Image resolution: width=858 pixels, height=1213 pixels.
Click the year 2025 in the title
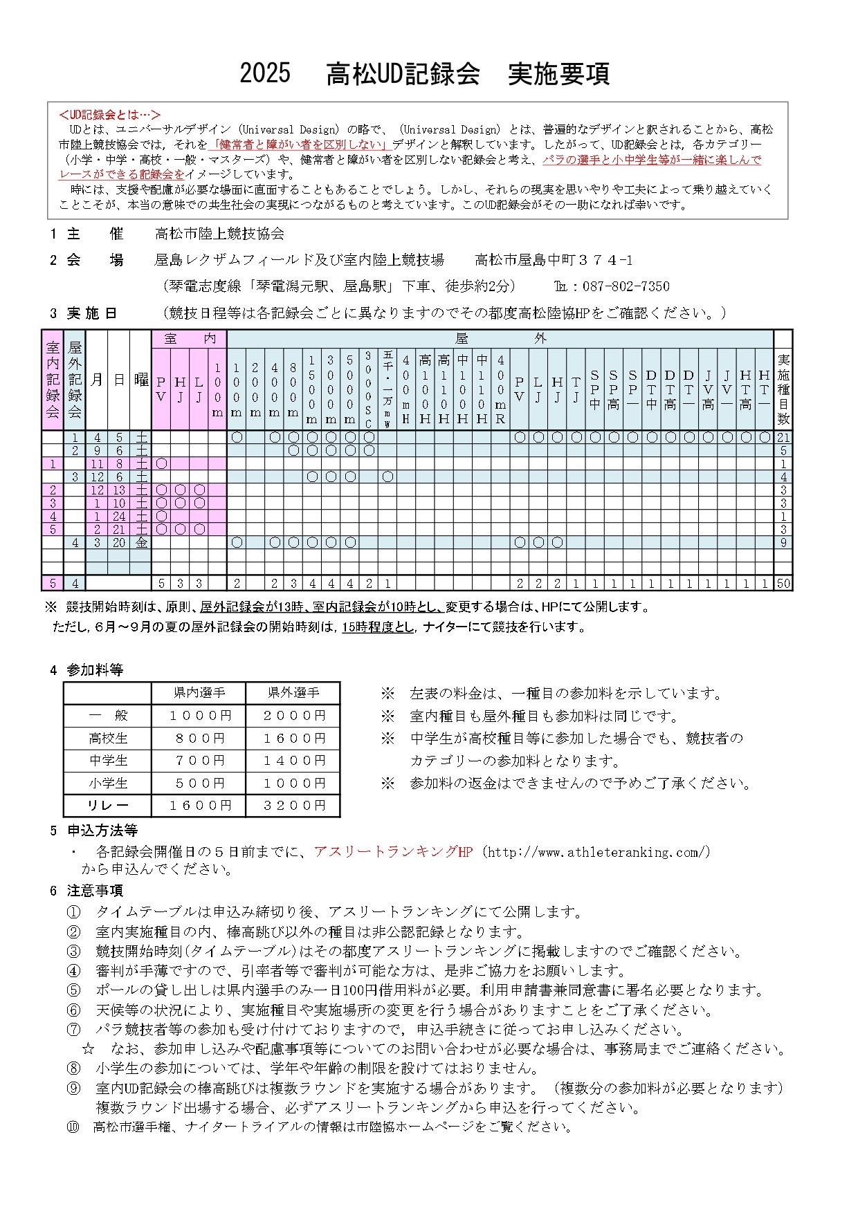pos(265,73)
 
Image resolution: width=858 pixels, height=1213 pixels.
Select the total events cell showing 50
pos(783,584)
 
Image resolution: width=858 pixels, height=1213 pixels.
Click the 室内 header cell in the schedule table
pos(189,339)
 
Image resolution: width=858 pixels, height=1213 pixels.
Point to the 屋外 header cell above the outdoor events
pos(500,339)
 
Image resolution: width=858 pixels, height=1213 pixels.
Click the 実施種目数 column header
pos(783,389)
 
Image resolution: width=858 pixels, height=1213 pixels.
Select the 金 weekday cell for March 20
pos(141,543)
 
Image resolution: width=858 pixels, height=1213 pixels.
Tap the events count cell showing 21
pos(783,438)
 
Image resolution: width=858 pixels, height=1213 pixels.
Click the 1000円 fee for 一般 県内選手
pos(199,716)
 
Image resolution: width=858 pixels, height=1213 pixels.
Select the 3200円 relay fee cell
pos(293,806)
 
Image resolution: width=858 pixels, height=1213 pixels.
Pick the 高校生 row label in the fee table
pos(108,739)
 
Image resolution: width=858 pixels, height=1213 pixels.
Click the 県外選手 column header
pos(293,693)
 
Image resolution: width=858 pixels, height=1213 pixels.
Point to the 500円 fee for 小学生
pos(199,784)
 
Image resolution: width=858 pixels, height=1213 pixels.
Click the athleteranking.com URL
pos(599,852)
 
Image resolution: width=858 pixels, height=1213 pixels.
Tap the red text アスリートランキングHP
pos(392,852)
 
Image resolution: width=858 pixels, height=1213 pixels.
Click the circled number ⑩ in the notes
pos(73,1127)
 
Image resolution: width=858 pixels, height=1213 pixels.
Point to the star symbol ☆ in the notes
pos(88,1049)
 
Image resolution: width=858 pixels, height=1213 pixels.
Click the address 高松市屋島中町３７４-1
pos(553,261)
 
